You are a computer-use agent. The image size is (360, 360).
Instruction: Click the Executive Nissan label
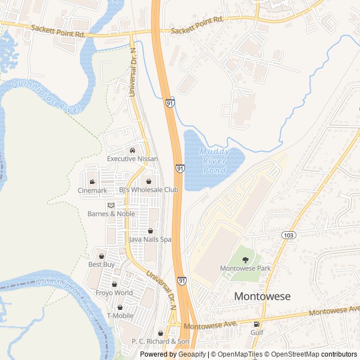tap(132, 159)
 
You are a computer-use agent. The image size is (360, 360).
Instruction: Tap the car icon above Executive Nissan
tap(132, 150)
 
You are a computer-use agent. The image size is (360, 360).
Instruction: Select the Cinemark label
tap(92, 190)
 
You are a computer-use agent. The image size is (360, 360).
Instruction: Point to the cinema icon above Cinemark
tap(92, 182)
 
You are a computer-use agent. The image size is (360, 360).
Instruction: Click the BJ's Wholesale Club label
tap(148, 190)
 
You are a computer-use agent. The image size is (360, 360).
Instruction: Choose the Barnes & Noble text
tap(111, 214)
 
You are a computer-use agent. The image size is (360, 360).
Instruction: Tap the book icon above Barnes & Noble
tap(111, 205)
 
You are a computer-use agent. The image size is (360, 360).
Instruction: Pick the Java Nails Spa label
tap(150, 239)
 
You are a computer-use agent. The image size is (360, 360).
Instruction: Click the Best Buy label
tap(101, 264)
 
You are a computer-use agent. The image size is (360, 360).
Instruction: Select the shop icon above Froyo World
tap(115, 285)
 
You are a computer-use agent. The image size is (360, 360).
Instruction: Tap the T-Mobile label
tap(120, 316)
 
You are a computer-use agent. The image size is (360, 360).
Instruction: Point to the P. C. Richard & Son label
tap(160, 341)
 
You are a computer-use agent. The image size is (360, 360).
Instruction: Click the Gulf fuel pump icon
tap(257, 324)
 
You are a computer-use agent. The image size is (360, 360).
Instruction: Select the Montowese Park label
tap(245, 268)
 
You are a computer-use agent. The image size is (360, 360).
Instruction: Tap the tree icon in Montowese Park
tap(245, 259)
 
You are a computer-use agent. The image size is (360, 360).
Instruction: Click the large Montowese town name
tap(262, 296)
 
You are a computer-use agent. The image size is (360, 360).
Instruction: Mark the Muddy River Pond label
tap(214, 161)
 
